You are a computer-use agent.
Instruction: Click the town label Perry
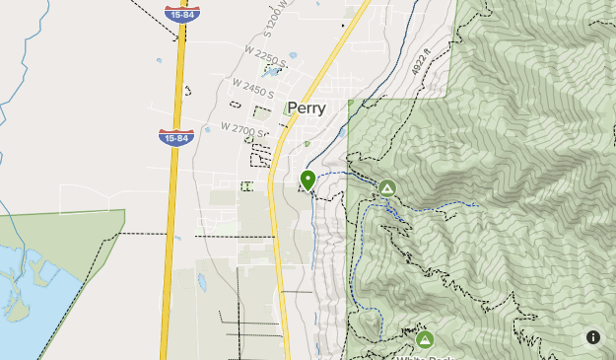pos(308,108)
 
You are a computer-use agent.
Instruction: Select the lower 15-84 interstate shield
pos(173,137)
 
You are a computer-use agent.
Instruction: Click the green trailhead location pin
pos(308,180)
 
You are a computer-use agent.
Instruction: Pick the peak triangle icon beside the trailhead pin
pos(387,187)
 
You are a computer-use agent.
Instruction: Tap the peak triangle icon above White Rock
pos(425,339)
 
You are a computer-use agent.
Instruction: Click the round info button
pos(592,337)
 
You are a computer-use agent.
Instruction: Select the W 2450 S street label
pos(251,92)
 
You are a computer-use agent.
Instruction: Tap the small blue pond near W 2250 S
pos(292,56)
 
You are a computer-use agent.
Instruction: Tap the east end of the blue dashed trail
pos(476,204)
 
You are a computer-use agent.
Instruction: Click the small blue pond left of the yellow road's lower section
pos(202,282)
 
